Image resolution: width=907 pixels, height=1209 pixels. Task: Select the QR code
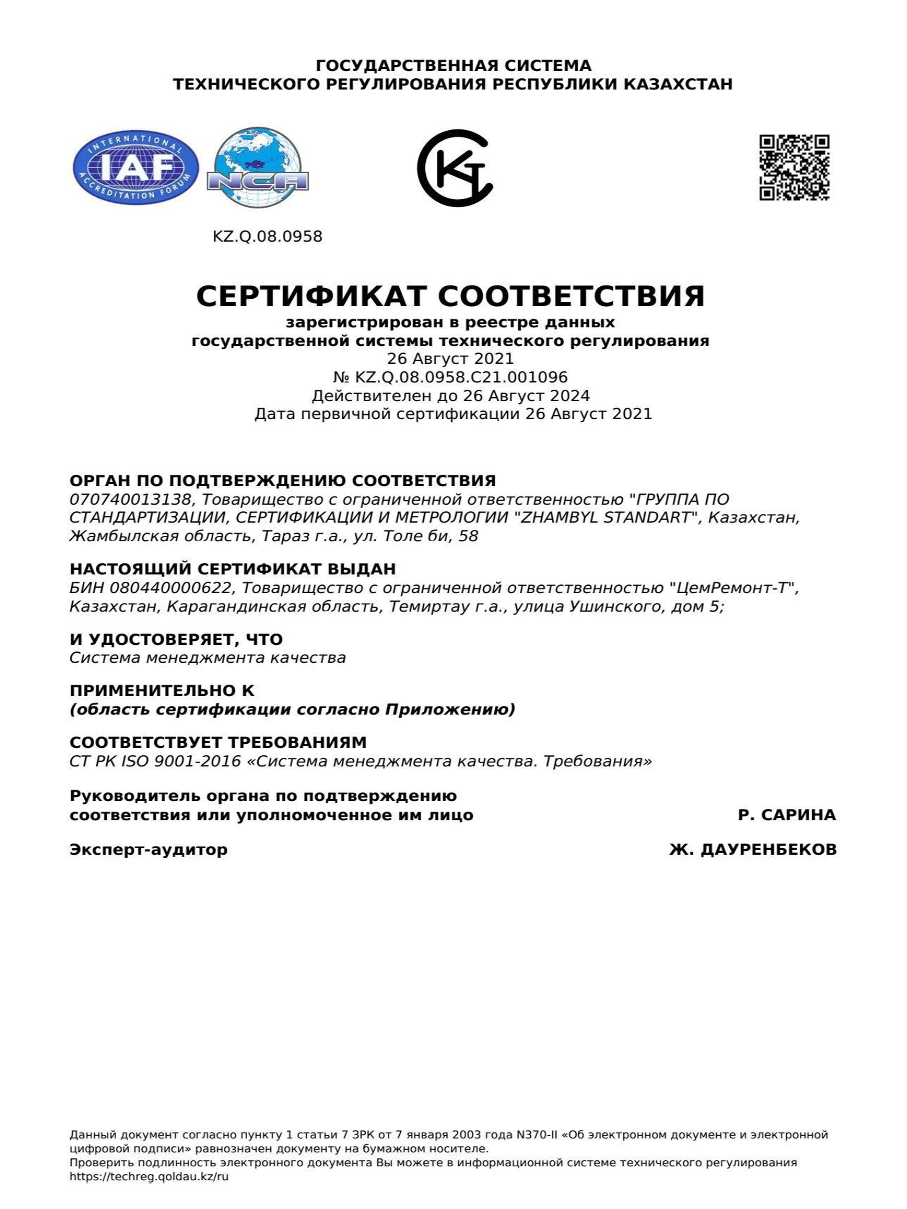794,167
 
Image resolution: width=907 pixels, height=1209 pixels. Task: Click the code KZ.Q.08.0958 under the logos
267,237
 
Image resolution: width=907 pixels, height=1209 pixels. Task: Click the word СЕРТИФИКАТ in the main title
310,296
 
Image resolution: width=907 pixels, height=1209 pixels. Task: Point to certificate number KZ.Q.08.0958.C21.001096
461,377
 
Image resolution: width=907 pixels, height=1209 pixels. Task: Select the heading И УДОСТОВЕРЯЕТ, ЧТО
176,639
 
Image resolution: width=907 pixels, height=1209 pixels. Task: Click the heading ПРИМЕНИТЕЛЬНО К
162,691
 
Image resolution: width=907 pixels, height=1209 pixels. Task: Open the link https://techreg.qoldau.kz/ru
149,1177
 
